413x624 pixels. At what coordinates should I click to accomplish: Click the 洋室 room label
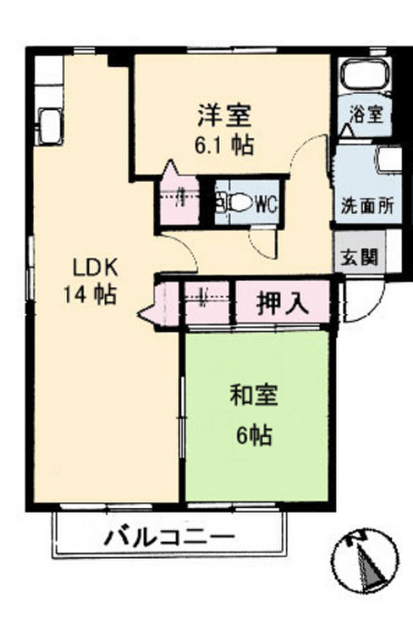click(225, 115)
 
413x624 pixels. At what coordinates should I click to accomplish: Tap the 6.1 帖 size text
click(224, 145)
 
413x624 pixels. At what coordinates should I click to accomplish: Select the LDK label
click(95, 268)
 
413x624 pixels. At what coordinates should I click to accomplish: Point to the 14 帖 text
click(90, 295)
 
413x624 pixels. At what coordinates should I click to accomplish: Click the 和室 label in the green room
click(254, 394)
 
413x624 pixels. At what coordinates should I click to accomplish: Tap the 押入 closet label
click(283, 304)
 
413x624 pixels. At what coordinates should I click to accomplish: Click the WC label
click(266, 205)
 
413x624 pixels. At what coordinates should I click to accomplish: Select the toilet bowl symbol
click(234, 203)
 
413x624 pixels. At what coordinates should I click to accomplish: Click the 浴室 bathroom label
click(367, 115)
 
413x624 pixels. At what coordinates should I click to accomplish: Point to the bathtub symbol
click(365, 75)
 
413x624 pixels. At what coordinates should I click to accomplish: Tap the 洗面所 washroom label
click(367, 206)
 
